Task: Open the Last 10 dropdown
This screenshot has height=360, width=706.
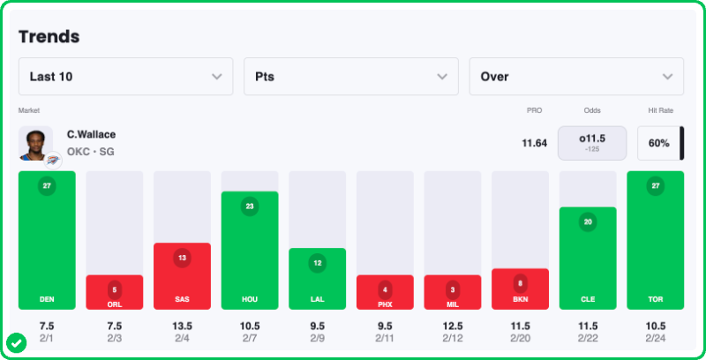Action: [x=125, y=77]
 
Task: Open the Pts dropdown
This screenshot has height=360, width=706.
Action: [x=350, y=77]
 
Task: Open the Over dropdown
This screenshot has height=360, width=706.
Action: [x=575, y=77]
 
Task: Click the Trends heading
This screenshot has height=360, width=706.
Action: [x=49, y=36]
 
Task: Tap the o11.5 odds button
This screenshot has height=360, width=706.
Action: [x=591, y=143]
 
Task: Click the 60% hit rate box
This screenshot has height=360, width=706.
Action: [x=658, y=143]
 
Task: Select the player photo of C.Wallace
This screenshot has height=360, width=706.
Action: [x=35, y=143]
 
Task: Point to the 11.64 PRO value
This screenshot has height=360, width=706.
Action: [x=534, y=143]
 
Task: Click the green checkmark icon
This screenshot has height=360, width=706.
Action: [x=15, y=341]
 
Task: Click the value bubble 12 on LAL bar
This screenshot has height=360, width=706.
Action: [x=317, y=263]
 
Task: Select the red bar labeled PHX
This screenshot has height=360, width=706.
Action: [x=385, y=293]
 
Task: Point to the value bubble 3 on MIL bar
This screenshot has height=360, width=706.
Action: [x=452, y=289]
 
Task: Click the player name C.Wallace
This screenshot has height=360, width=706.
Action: [x=91, y=134]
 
